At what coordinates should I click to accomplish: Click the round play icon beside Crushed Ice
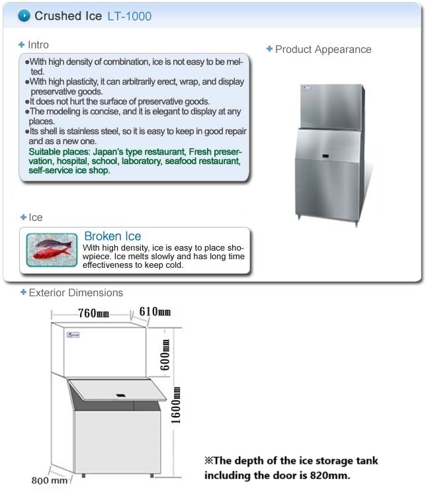(x=24, y=15)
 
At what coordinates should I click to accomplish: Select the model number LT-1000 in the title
(x=130, y=16)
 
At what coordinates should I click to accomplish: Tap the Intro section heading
(x=38, y=45)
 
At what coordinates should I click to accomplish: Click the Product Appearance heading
(x=323, y=50)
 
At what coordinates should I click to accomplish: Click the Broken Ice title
(x=112, y=237)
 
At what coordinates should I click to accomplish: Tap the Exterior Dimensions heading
(x=75, y=293)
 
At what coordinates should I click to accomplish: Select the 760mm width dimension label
(x=93, y=313)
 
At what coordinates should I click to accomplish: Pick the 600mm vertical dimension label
(x=166, y=354)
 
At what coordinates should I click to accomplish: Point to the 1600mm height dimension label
(x=176, y=407)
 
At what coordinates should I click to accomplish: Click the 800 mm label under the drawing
(x=50, y=481)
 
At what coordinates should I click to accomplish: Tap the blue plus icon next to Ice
(x=22, y=217)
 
